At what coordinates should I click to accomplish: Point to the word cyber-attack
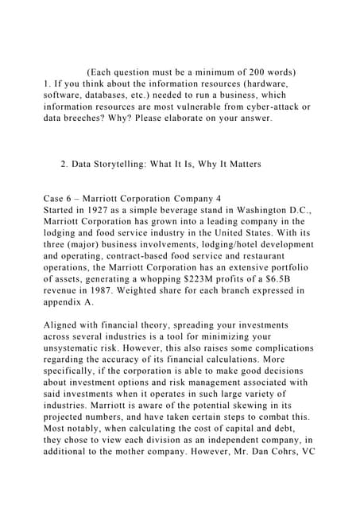(x=270, y=106)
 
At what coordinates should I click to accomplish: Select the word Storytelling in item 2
(x=130, y=165)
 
